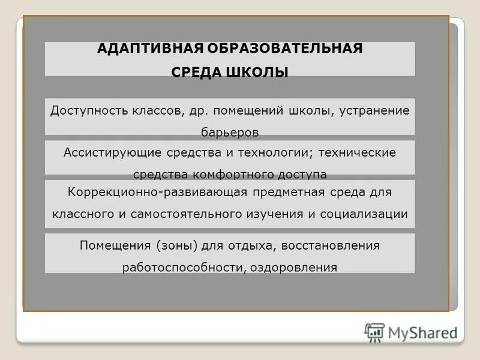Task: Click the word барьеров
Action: point(230,132)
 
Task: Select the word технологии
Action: point(272,152)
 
